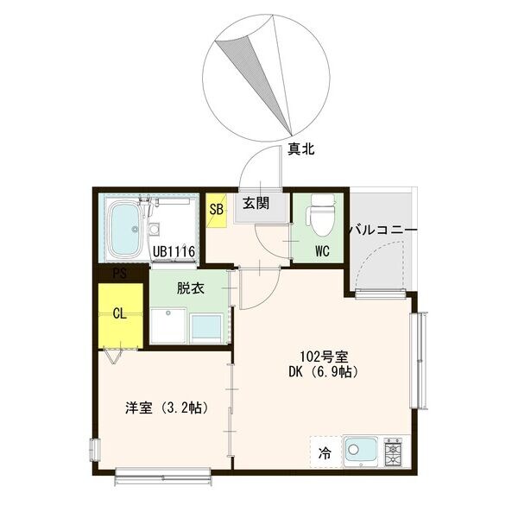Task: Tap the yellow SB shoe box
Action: (x=217, y=208)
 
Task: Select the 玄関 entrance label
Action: (x=256, y=205)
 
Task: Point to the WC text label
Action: (x=322, y=252)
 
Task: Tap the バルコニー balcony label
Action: (x=382, y=231)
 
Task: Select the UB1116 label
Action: (x=175, y=252)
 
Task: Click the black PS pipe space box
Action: (x=120, y=274)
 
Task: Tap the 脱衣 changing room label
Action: (x=190, y=289)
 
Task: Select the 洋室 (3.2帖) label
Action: (x=162, y=407)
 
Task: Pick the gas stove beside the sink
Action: (x=394, y=452)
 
